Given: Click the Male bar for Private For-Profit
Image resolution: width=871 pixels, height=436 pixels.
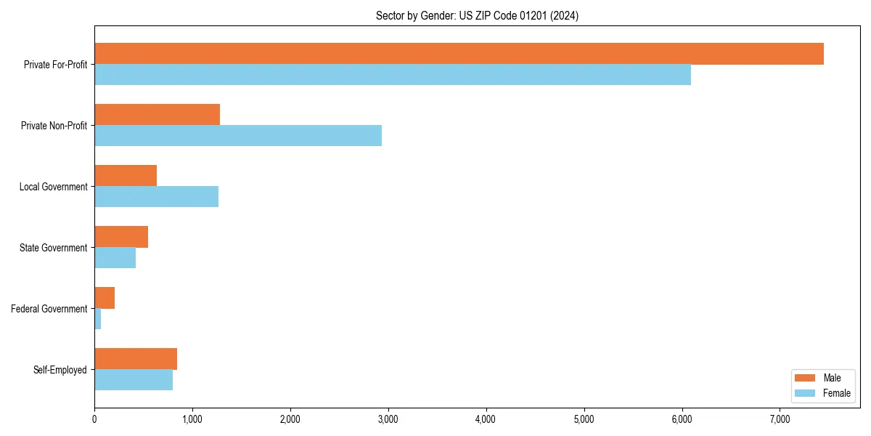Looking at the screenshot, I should coord(459,54).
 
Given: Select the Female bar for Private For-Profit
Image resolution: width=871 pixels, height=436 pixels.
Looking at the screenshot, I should coord(392,75).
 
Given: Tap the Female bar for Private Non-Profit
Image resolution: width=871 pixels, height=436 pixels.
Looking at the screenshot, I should coord(238,136).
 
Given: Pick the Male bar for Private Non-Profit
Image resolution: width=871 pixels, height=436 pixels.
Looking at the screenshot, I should coord(157,115).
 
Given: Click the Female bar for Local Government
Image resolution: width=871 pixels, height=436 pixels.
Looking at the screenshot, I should coord(156,197).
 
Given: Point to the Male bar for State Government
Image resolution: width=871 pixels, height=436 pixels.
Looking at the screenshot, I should coord(121,237).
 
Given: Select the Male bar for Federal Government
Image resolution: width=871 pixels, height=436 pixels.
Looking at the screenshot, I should coord(105,298).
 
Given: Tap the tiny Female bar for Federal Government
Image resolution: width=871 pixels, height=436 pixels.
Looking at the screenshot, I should coord(98,319).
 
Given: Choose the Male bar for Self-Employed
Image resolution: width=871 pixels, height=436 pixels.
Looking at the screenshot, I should coord(136,359).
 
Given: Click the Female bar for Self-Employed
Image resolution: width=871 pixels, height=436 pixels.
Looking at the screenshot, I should coord(134,380).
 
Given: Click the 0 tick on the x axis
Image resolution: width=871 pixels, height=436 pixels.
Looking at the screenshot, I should coord(94,419).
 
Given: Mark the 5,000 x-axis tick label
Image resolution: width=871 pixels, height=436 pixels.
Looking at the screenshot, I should coord(584,419).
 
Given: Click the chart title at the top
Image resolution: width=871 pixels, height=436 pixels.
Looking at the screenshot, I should coord(477,15).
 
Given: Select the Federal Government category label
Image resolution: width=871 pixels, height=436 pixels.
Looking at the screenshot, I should coord(49,309).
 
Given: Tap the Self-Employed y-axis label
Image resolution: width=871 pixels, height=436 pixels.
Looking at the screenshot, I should coord(60,370).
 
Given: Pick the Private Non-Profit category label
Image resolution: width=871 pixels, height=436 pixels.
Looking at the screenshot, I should coord(54,126).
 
